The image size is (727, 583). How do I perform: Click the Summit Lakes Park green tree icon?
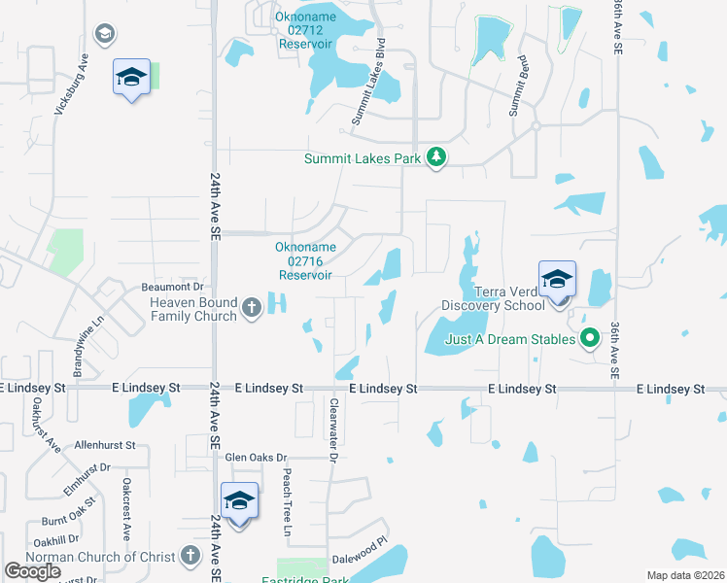[437, 157]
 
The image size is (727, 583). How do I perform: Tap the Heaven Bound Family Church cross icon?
[252, 308]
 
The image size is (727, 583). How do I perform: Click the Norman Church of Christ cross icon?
[190, 557]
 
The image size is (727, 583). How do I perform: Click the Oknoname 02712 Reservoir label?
[305, 32]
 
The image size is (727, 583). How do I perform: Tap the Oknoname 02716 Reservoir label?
[305, 261]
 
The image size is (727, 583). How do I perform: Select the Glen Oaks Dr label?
[257, 457]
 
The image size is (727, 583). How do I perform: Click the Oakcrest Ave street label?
[125, 508]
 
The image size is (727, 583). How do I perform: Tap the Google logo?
[32, 571]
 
